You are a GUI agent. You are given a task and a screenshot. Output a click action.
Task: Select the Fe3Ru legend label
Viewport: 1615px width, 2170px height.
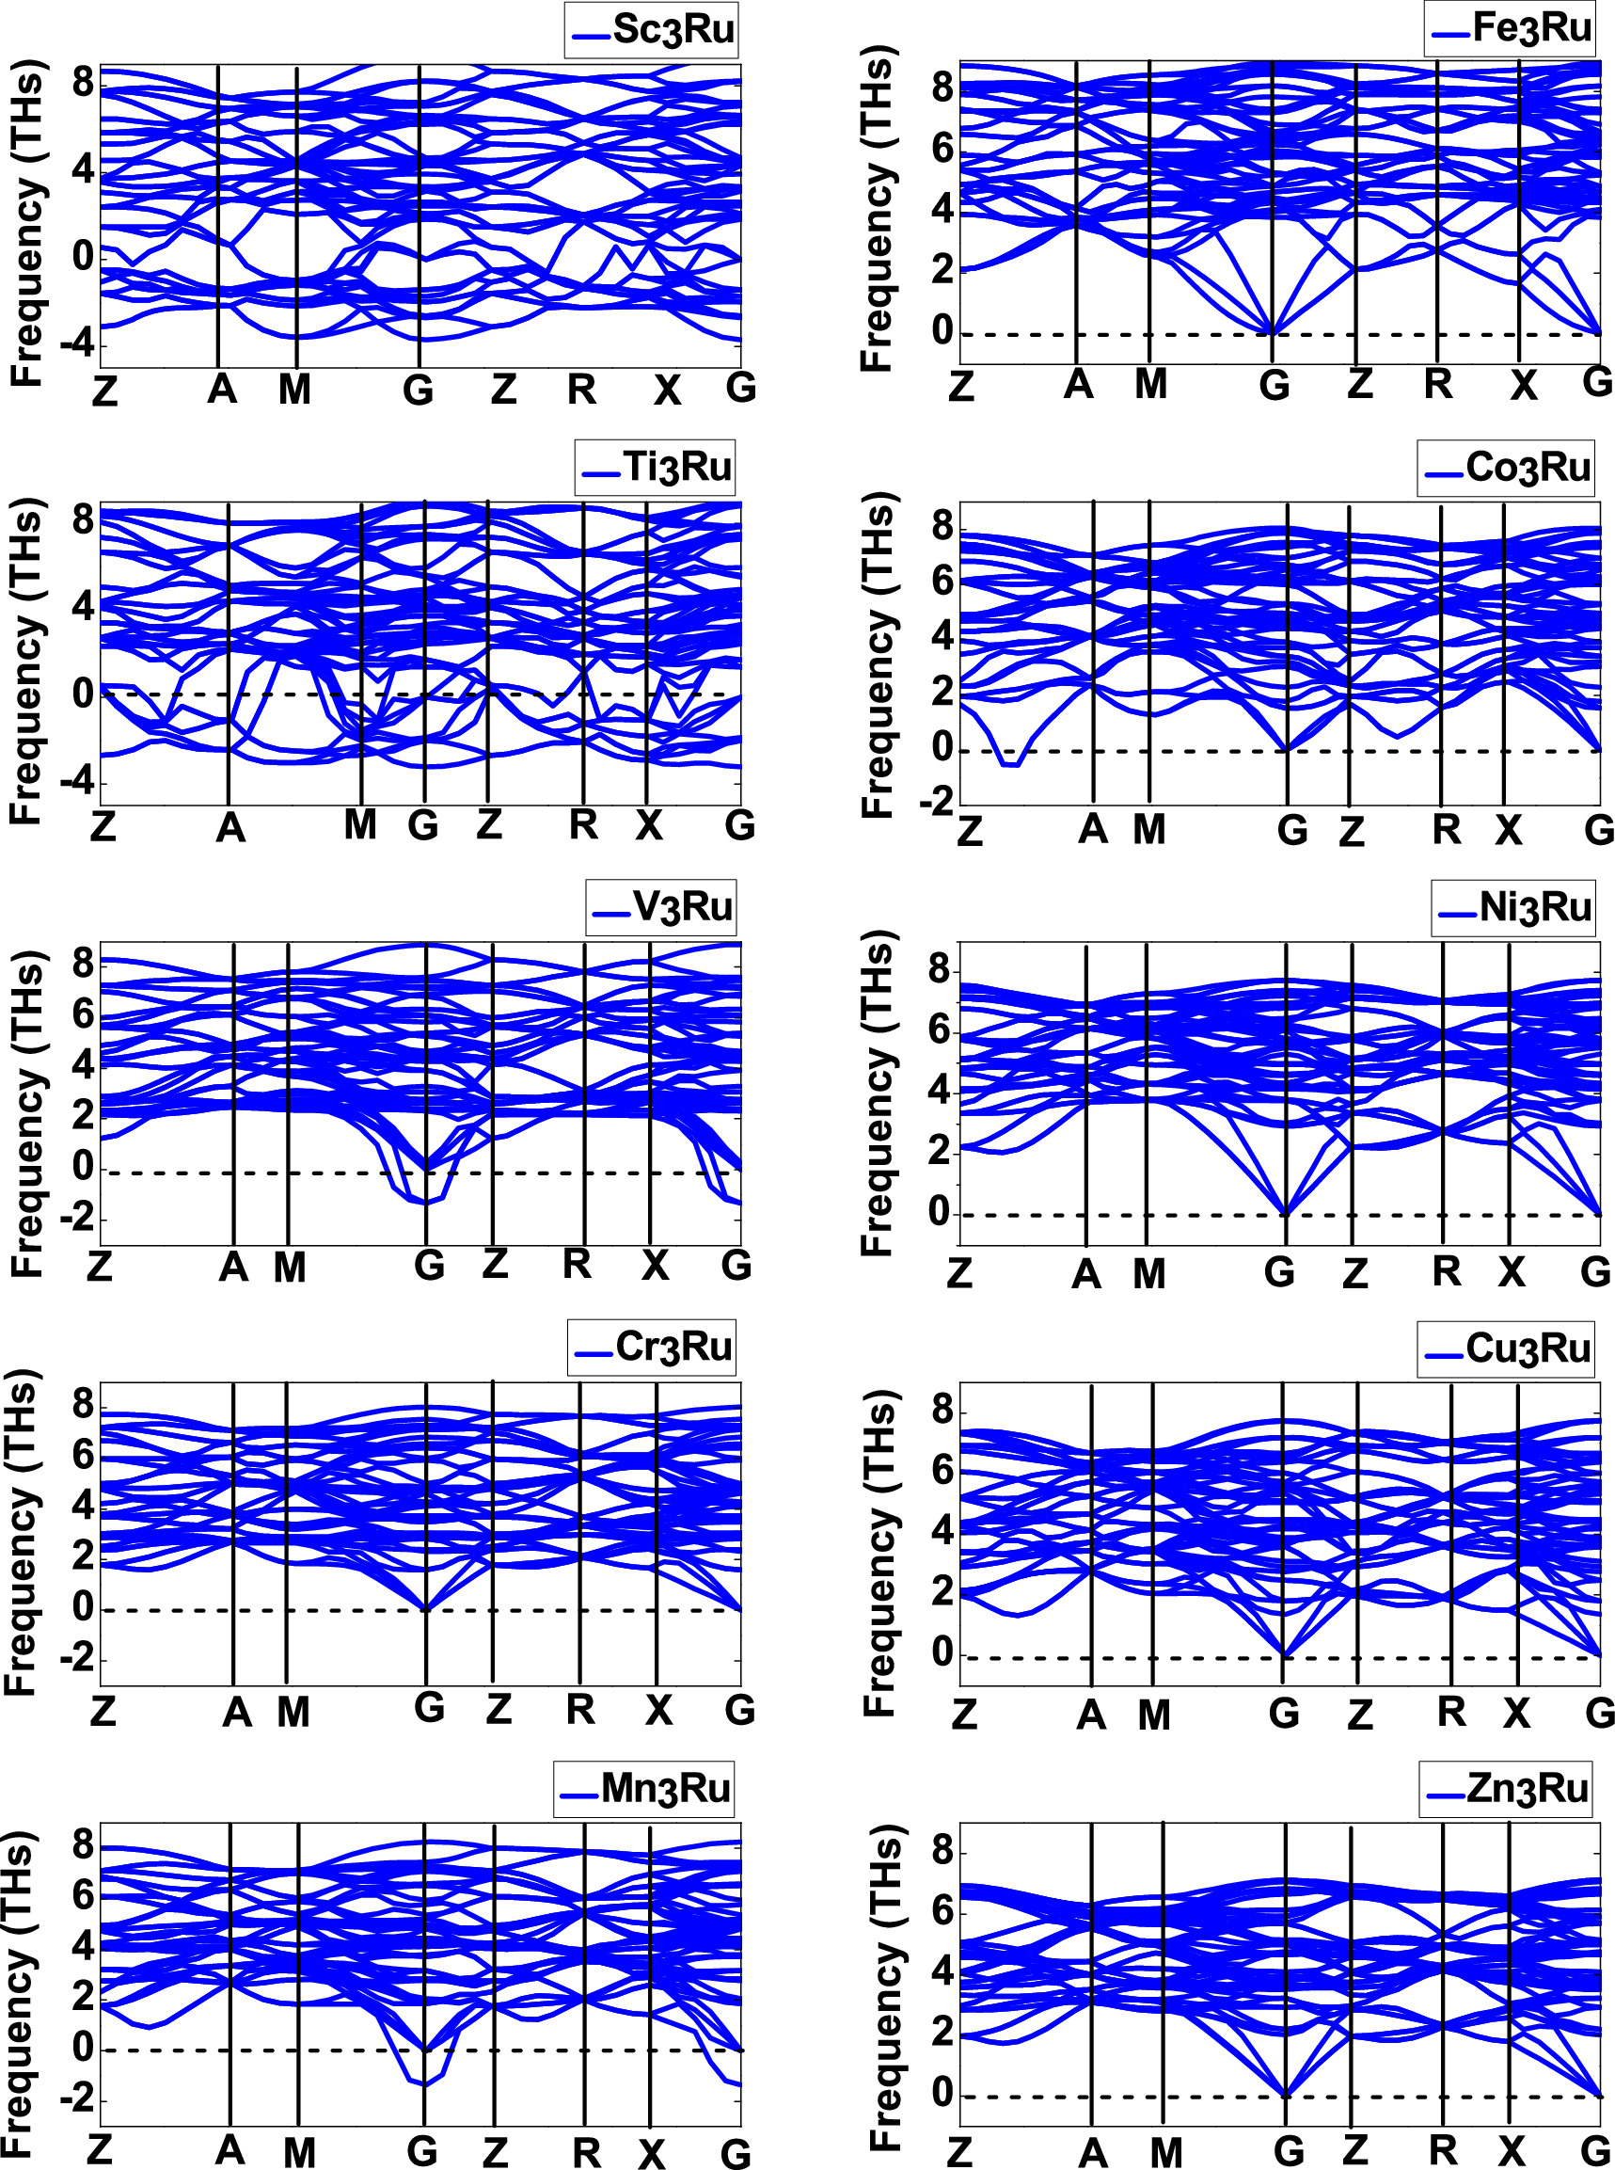click(1532, 28)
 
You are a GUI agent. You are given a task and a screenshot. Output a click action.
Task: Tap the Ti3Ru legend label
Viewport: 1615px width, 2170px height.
click(677, 468)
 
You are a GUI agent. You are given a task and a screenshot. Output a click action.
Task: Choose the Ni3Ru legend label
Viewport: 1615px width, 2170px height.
click(1535, 907)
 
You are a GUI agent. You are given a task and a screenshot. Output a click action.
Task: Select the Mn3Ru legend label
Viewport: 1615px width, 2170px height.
click(665, 1788)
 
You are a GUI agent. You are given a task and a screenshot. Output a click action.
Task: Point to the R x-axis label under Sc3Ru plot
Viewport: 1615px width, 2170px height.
click(581, 391)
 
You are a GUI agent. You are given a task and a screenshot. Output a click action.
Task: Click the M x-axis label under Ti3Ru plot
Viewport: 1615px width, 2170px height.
click(361, 825)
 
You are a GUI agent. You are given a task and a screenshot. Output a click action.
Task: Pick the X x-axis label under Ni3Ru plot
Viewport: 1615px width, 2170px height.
click(1512, 1271)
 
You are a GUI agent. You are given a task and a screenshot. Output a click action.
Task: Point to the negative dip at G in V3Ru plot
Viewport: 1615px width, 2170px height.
click(426, 1201)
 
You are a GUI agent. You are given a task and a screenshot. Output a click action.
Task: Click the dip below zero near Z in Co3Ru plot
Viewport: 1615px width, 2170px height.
click(1010, 764)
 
